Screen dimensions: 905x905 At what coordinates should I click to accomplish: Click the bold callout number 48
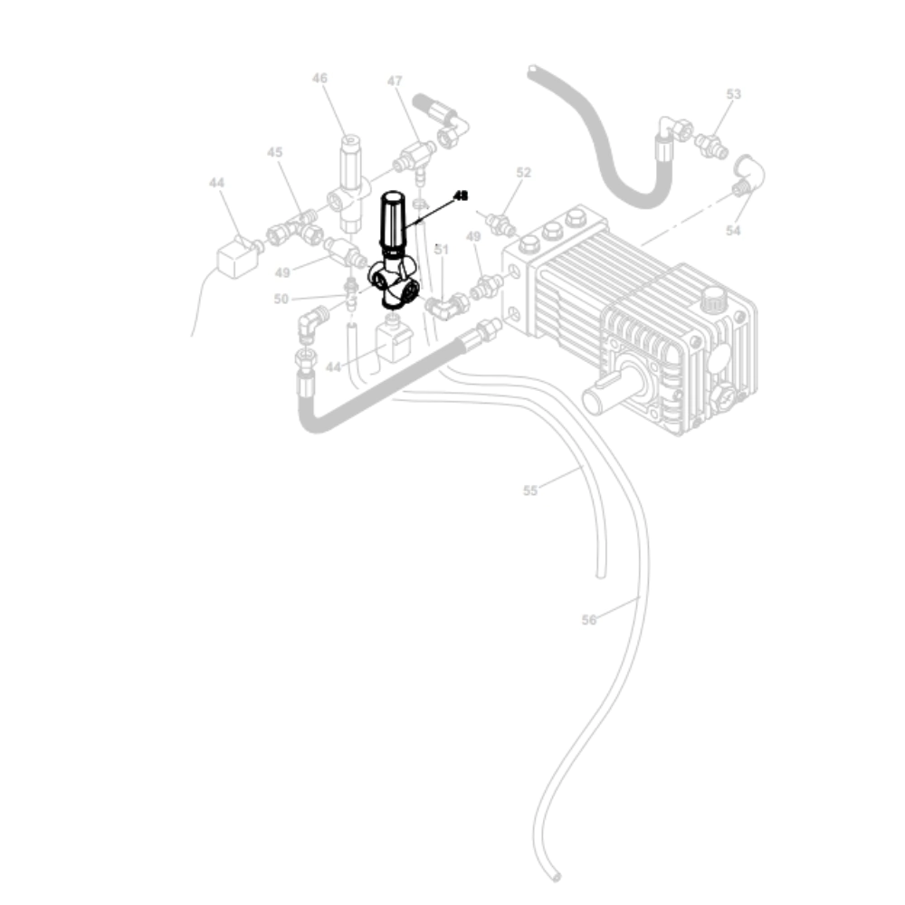462,195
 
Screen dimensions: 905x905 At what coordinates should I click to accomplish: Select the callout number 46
319,79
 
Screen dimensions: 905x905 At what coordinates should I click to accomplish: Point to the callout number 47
395,81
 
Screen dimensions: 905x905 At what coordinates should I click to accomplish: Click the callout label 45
275,153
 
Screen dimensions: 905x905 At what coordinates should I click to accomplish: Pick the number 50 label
281,299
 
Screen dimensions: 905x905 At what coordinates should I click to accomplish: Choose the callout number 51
442,249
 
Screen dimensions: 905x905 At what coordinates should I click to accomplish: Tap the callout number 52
523,172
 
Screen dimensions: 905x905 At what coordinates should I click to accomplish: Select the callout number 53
733,94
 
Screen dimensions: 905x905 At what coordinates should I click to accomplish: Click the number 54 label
733,231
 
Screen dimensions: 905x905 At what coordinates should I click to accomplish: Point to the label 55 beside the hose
530,491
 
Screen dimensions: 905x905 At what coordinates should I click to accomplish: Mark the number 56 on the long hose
589,620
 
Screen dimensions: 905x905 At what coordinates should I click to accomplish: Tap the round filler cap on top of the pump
717,295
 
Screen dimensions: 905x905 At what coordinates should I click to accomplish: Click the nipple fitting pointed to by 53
711,143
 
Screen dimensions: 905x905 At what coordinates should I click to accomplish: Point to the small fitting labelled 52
499,222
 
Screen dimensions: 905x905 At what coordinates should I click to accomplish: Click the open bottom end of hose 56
556,876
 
